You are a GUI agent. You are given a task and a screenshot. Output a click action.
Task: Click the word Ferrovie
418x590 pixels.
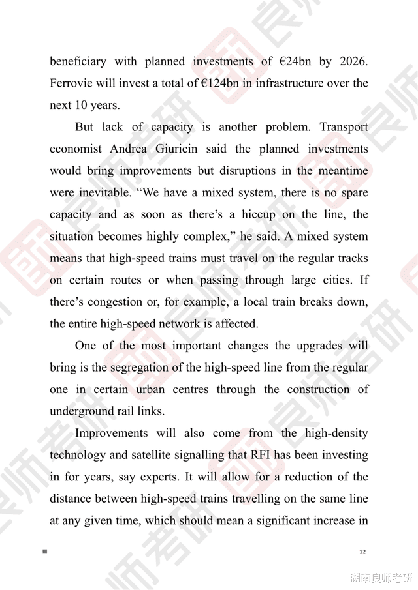[x=71, y=83]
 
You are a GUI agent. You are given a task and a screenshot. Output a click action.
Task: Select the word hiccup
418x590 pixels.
[x=269, y=214]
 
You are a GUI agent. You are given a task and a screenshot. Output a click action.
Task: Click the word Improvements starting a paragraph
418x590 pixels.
[x=112, y=433]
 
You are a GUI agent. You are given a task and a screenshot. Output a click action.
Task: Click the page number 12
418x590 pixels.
[x=363, y=552]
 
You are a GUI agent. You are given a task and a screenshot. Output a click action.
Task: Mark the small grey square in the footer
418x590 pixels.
[x=45, y=552]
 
